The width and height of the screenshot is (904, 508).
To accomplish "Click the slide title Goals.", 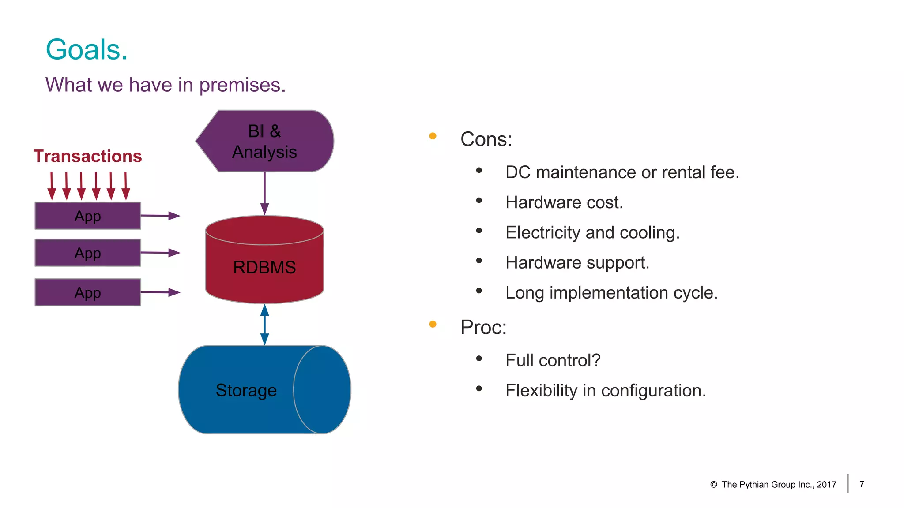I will (87, 49).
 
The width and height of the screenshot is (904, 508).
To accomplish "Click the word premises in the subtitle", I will (242, 85).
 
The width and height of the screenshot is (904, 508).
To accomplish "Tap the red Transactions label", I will (87, 156).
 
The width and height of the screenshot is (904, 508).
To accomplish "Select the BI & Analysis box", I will (265, 141).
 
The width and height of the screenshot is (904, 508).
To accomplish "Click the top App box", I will (87, 216).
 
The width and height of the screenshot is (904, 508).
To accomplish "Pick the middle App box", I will (87, 253).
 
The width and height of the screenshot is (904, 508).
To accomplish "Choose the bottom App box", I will (87, 292).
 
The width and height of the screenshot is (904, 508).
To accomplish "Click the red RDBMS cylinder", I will (264, 267).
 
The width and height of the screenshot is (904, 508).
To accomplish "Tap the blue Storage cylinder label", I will (246, 390).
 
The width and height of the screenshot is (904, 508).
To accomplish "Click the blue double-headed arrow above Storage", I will (264, 325).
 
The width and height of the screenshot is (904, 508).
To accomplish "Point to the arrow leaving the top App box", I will (160, 216).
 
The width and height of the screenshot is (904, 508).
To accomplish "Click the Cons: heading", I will (486, 139).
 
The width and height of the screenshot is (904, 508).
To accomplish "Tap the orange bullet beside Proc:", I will (433, 325).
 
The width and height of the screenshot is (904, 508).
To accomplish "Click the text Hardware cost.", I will (564, 202).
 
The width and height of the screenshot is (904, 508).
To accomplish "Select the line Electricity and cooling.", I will (592, 232).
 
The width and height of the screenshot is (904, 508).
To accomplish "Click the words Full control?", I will (553, 360).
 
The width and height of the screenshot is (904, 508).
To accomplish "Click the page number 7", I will (862, 484).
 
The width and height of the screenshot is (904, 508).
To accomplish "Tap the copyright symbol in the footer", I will (713, 485).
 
